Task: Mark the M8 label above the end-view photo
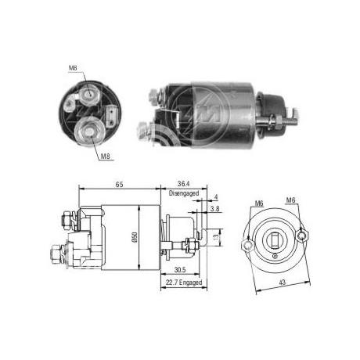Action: coord(73,68)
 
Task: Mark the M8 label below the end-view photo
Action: coord(104,157)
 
